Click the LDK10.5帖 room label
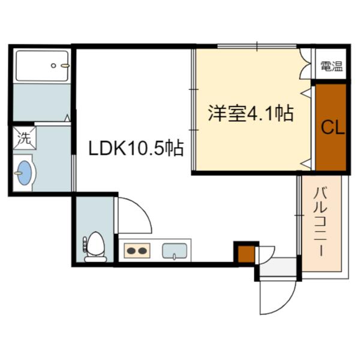(136, 148)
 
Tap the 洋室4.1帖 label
(251, 113)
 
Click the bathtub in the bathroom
(42, 65)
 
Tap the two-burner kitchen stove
(137, 250)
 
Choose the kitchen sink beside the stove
(175, 250)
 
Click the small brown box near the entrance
(245, 253)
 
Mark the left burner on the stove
(131, 250)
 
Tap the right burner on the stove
(143, 250)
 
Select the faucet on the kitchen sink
(175, 256)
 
